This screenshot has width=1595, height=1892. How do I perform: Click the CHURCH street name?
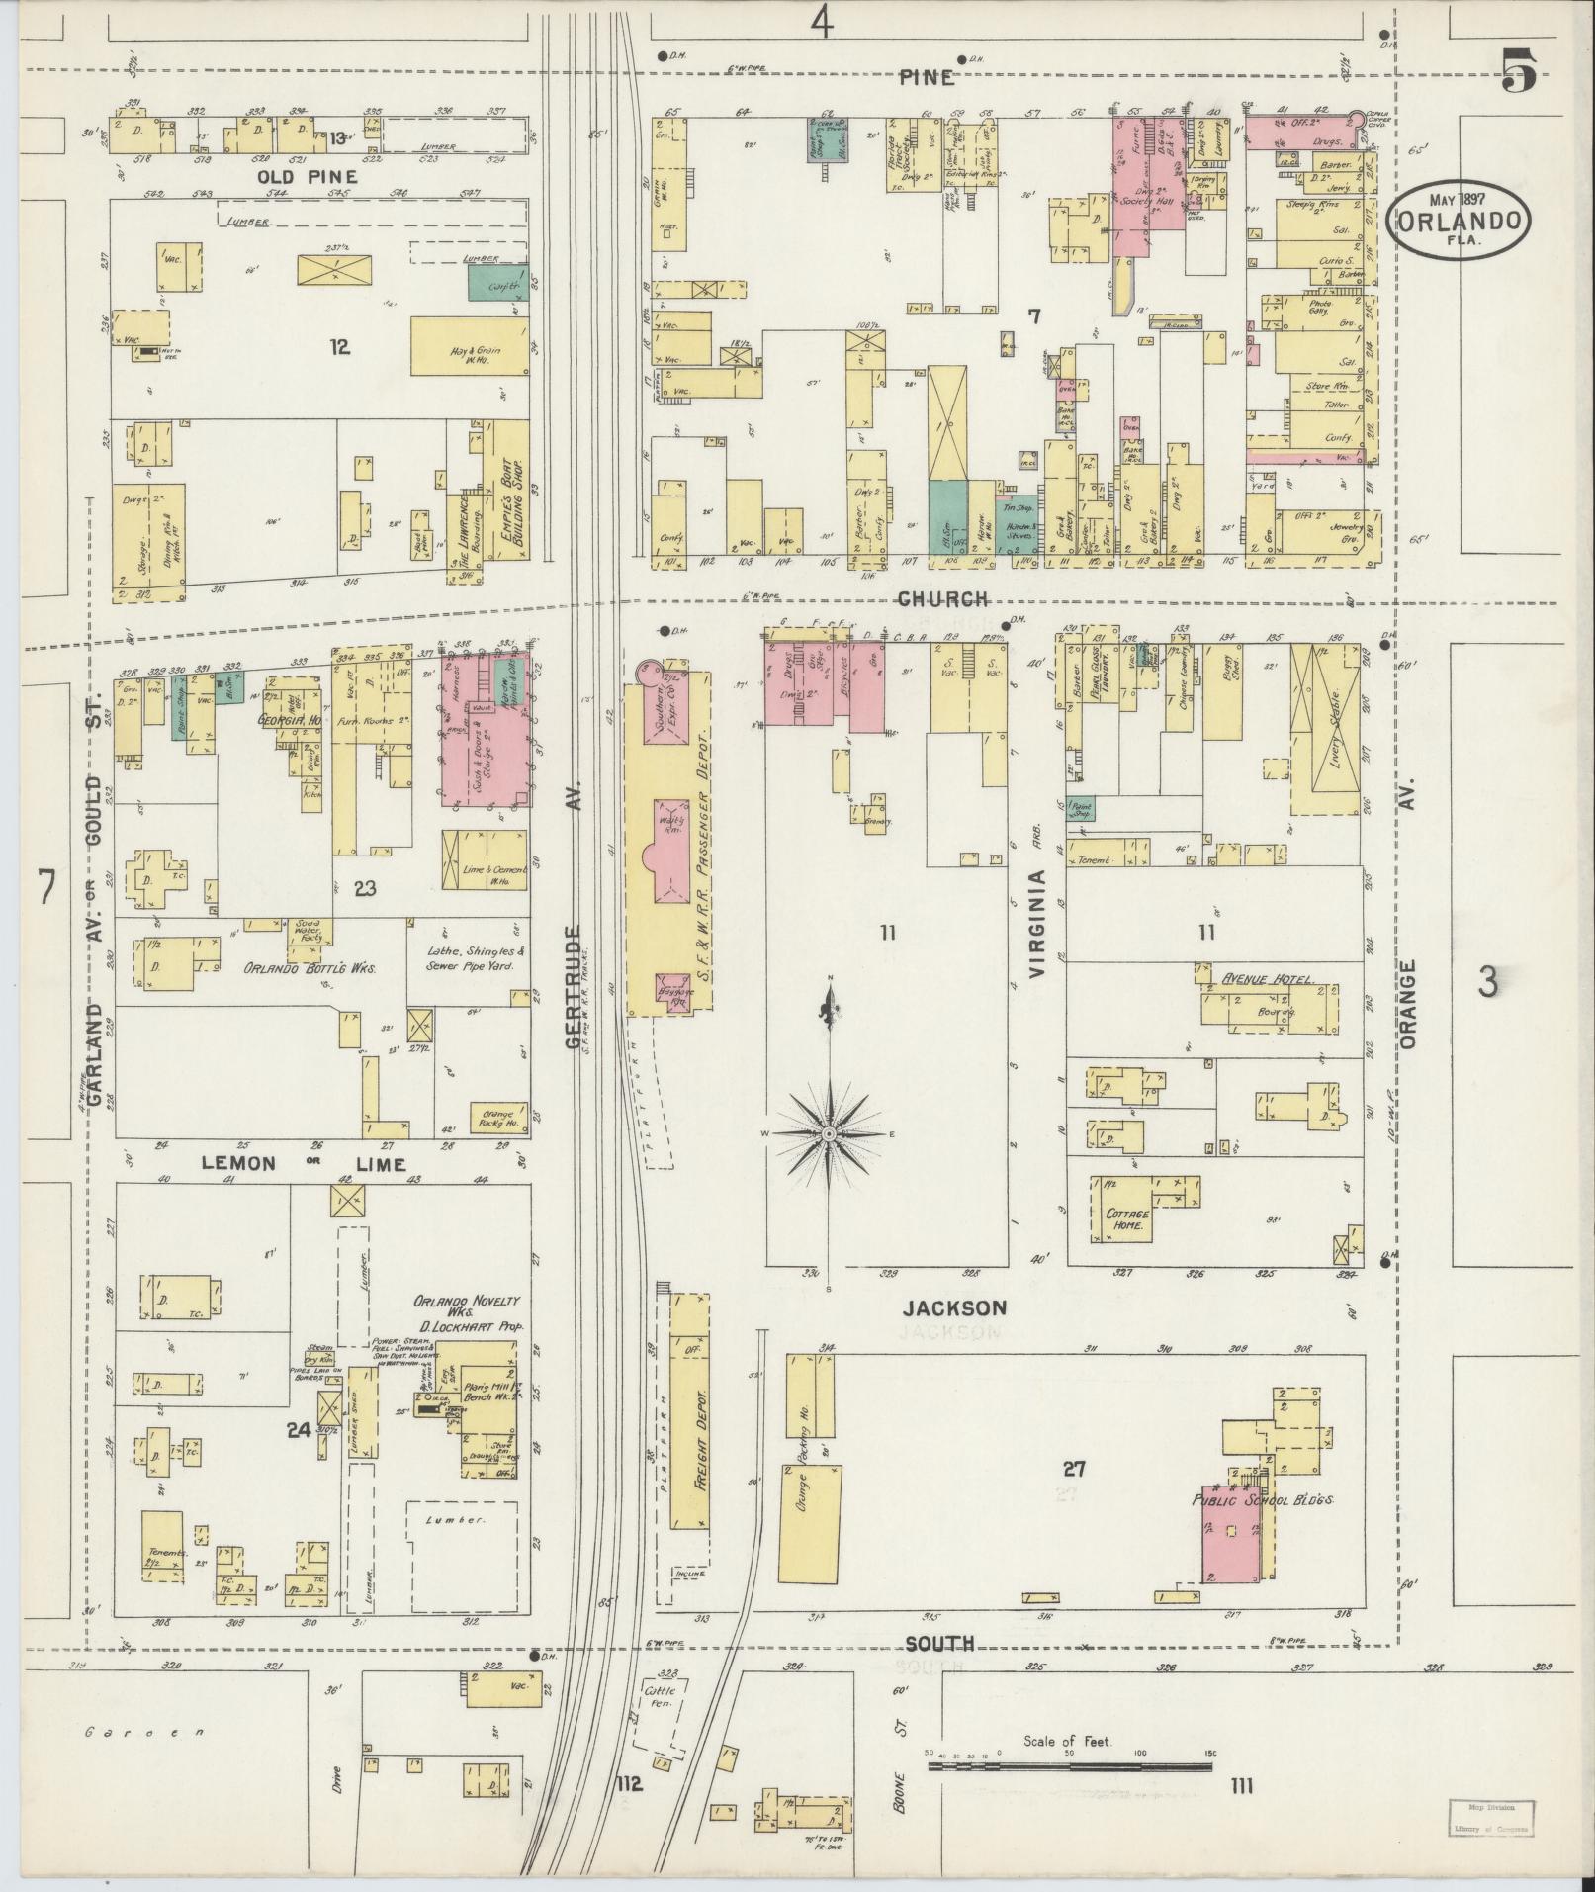point(943,598)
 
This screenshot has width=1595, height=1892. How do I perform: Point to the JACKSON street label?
point(954,1307)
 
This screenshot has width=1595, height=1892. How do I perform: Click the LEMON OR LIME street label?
point(304,1163)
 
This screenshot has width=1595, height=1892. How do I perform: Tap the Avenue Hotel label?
point(1268,979)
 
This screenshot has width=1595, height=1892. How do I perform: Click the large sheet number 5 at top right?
point(1519,69)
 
